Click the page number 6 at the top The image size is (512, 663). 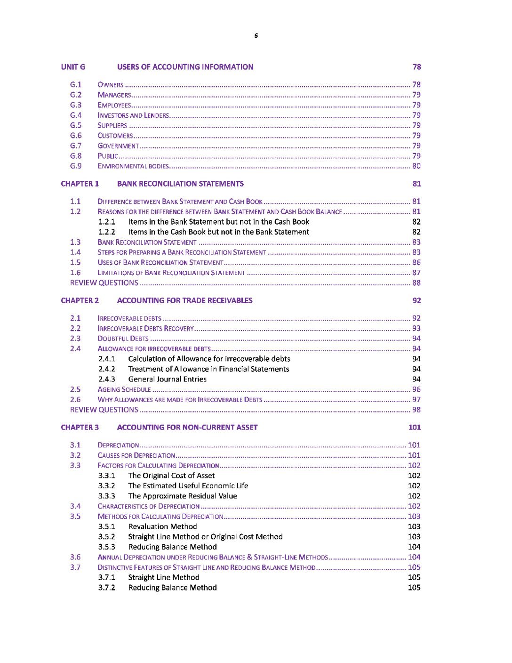pyautogui.click(x=256, y=35)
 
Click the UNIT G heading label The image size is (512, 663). pyautogui.click(x=73, y=67)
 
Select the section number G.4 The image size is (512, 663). pyautogui.click(x=76, y=115)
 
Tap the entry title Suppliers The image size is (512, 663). pyautogui.click(x=112, y=126)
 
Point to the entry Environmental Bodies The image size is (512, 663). pyautogui.click(x=133, y=166)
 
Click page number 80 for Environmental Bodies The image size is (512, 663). pyautogui.click(x=416, y=166)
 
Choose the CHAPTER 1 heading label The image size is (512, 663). pyautogui.click(x=80, y=184)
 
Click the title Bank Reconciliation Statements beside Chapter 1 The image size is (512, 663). pyautogui.click(x=180, y=184)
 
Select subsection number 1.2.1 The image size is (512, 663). pyautogui.click(x=107, y=222)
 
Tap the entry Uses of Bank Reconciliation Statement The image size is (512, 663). pyautogui.click(x=160, y=263)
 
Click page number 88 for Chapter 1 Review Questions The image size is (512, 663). pyautogui.click(x=416, y=283)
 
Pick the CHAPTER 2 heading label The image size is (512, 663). pyautogui.click(x=80, y=300)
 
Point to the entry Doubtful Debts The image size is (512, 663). pyautogui.click(x=123, y=339)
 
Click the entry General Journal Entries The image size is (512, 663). pyautogui.click(x=167, y=380)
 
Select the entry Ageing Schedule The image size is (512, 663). pyautogui.click(x=124, y=389)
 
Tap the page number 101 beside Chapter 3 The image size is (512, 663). pyautogui.click(x=415, y=428)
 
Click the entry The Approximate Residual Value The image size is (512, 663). pyautogui.click(x=183, y=496)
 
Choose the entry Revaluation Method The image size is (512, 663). pyautogui.click(x=162, y=527)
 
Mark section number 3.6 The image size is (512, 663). pyautogui.click(x=75, y=557)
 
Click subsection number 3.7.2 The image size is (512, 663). pyautogui.click(x=107, y=588)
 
